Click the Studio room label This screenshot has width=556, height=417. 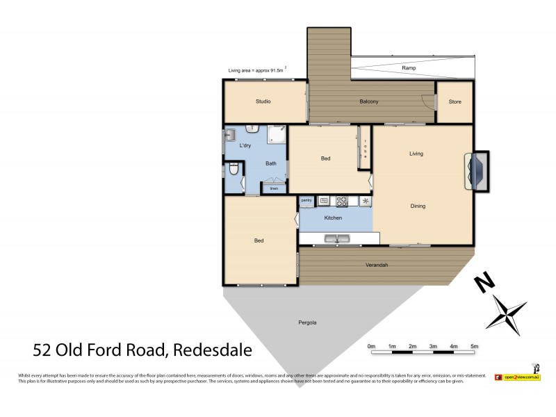(x=263, y=101)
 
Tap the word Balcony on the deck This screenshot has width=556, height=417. (x=368, y=102)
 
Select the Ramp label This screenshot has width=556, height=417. (x=408, y=68)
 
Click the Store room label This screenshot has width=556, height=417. (x=455, y=102)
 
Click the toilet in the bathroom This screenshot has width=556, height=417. (x=234, y=169)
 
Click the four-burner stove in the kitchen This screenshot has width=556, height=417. (x=342, y=201)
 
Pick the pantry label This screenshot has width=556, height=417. (x=306, y=200)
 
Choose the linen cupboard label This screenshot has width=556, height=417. (x=274, y=188)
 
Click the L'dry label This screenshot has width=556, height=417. (x=245, y=146)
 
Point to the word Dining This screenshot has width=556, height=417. (x=417, y=206)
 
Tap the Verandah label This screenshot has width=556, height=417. (x=376, y=265)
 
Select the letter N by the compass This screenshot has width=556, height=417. (x=484, y=283)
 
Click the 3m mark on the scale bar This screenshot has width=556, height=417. (x=432, y=345)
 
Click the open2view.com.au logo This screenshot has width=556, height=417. (x=517, y=376)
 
